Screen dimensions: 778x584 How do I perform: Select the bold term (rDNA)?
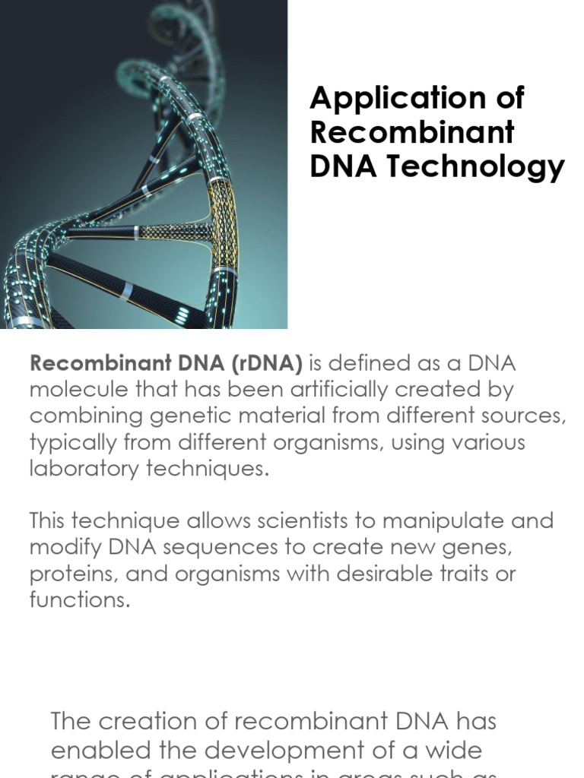260,363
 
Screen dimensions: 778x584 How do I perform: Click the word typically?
72,442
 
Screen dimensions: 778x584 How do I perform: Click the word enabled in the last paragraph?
97,751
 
